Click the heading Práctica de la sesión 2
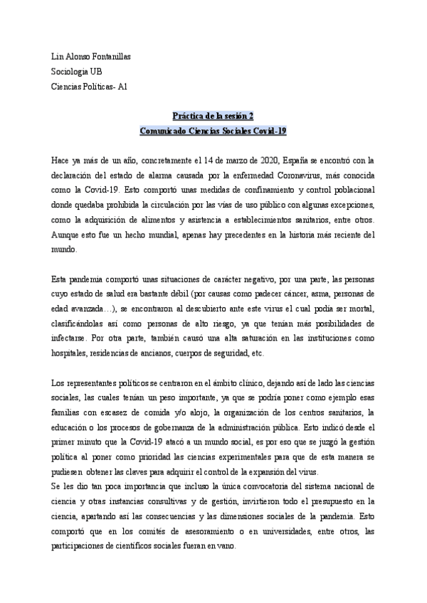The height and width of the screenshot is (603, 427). pyautogui.click(x=213, y=116)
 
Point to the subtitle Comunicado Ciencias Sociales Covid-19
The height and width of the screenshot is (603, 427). pyautogui.click(x=213, y=131)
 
